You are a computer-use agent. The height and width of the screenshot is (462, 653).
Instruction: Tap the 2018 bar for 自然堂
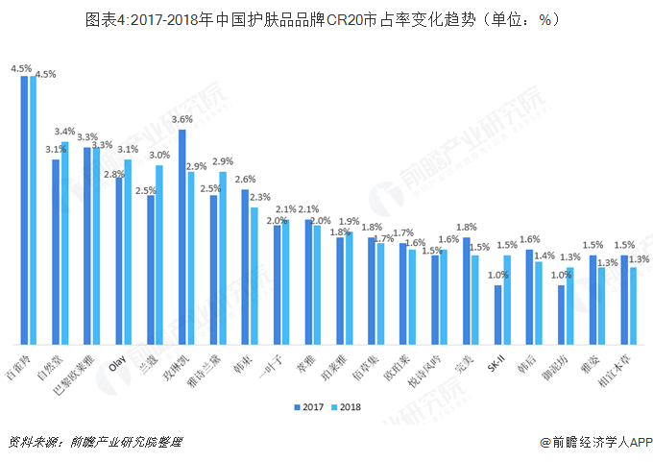[64, 243]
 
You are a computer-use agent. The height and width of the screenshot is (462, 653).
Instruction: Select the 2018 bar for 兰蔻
[159, 255]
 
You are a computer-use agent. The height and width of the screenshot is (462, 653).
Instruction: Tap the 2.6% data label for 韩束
[245, 180]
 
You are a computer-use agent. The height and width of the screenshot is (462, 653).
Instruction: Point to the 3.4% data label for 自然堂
[65, 132]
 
